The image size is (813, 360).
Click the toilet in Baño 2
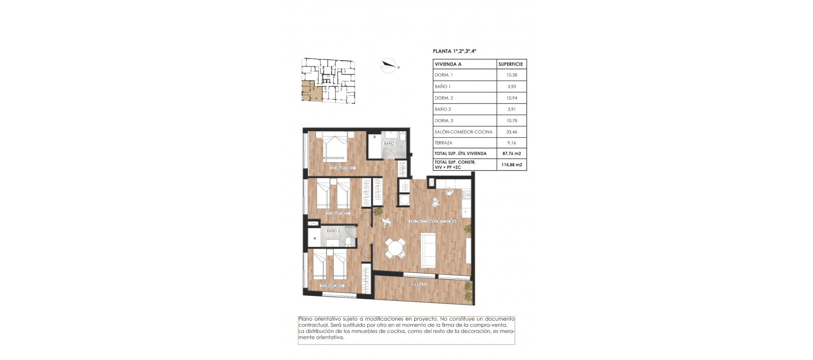[x=347, y=241]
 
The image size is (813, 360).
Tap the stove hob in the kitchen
[x=466, y=195]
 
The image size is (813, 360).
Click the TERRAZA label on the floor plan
[x=419, y=285]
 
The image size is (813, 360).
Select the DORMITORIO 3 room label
[x=333, y=286]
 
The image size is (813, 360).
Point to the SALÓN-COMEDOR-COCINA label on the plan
[x=432, y=222]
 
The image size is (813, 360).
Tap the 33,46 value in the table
[x=512, y=132]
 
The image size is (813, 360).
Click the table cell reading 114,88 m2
[x=512, y=165]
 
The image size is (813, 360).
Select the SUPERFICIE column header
[x=511, y=64]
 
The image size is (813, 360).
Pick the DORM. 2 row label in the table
[x=444, y=98]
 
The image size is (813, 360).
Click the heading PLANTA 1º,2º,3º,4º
[x=454, y=51]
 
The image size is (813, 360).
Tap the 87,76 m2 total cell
[x=512, y=153]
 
